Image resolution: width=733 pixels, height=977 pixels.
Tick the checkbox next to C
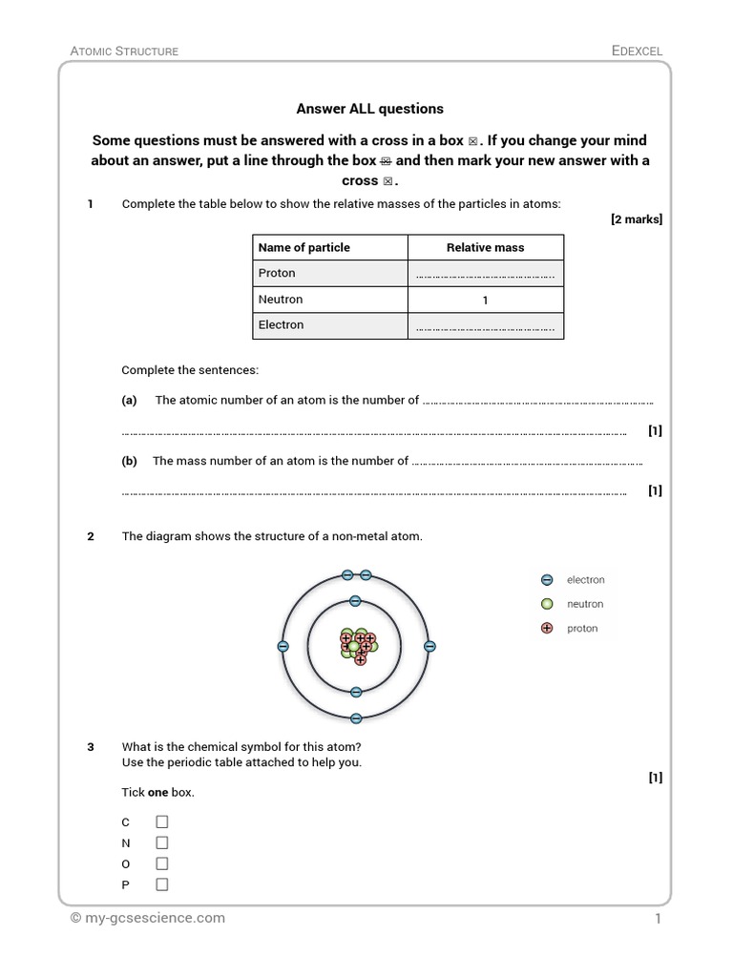click(x=161, y=821)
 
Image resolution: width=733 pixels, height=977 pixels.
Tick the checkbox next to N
click(x=161, y=842)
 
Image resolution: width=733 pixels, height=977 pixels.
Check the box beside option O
click(x=161, y=863)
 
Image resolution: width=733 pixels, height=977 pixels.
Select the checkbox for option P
click(x=161, y=884)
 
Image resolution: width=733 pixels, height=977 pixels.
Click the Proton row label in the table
click(x=277, y=273)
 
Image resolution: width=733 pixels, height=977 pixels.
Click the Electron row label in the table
click(x=281, y=324)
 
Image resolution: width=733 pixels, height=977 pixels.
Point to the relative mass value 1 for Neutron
click(x=485, y=300)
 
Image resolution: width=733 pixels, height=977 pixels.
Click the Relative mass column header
click(x=485, y=247)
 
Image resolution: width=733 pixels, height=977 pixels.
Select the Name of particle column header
click(x=304, y=247)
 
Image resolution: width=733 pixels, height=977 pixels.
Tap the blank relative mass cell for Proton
click(x=485, y=274)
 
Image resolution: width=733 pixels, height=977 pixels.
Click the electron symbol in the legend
click(x=547, y=579)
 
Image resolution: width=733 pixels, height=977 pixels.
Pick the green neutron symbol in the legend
click(x=547, y=604)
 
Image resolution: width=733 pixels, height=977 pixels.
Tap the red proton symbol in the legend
click(x=547, y=629)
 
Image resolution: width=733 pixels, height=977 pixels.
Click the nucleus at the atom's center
click(x=356, y=646)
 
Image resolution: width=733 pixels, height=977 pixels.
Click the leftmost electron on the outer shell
click(x=283, y=647)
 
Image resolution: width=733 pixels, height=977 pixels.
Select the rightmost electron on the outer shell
click(x=429, y=647)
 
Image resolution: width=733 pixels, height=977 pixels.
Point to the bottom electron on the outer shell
click(x=356, y=718)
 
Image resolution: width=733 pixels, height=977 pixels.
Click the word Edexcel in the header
click(x=637, y=51)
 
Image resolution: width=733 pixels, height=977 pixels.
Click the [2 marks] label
click(x=636, y=219)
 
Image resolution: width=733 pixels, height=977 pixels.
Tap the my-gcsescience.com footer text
click(x=148, y=918)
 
